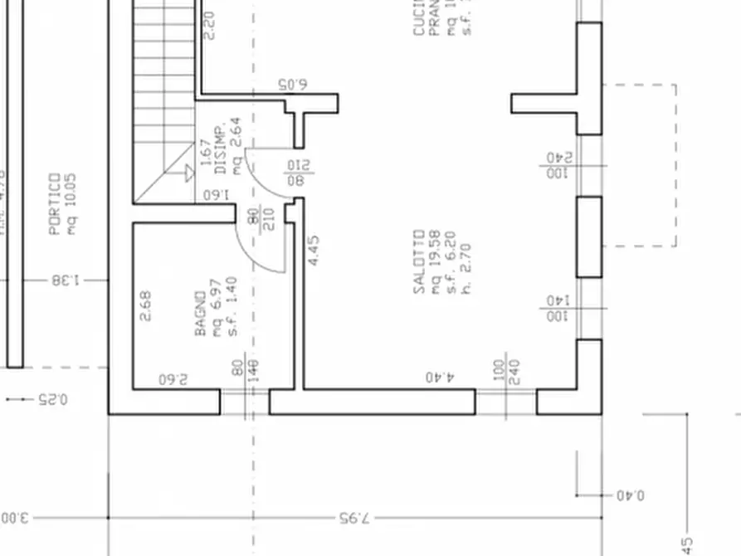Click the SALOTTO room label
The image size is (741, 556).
[x=419, y=261]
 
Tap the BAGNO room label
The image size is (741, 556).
[x=200, y=313]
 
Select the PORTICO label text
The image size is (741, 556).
[x=54, y=203]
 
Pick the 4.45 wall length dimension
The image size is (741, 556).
[x=313, y=251]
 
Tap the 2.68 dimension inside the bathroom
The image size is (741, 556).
[x=146, y=305]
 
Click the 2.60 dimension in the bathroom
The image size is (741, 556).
[x=173, y=379]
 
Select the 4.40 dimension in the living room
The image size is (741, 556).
[x=440, y=378]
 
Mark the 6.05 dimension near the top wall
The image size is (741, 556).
[x=292, y=85]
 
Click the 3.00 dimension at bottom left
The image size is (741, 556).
[x=14, y=518]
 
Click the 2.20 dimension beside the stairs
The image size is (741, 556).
[x=208, y=25]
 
